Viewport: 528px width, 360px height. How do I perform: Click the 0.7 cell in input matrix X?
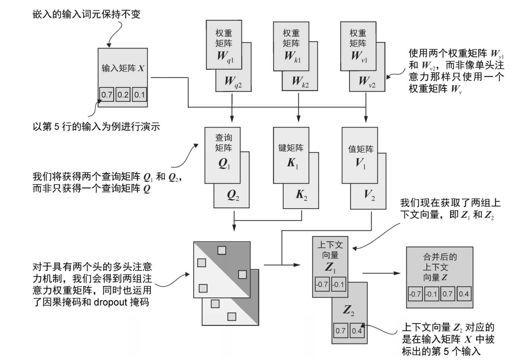[107, 95]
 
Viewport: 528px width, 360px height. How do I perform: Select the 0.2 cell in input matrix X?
[123, 95]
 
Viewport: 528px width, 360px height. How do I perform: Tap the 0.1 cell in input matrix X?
[139, 95]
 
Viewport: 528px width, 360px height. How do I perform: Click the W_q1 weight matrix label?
[224, 56]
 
